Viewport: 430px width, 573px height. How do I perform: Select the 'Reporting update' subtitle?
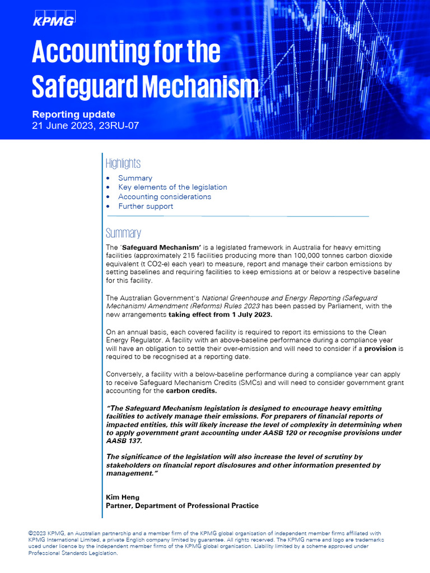(x=73, y=114)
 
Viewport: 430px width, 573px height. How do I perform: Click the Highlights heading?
(x=123, y=163)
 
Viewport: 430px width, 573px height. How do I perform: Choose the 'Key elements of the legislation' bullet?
(x=172, y=187)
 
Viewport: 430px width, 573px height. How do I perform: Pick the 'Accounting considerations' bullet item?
(x=165, y=196)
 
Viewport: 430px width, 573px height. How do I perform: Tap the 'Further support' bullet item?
(x=146, y=206)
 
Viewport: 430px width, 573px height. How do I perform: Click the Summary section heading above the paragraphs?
(x=123, y=233)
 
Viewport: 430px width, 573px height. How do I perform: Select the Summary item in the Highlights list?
(x=135, y=178)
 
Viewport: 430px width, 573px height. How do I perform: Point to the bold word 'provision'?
(x=381, y=348)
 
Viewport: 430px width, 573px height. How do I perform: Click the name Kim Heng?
(x=122, y=497)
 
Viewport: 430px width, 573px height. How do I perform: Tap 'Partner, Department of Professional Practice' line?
(x=182, y=505)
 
